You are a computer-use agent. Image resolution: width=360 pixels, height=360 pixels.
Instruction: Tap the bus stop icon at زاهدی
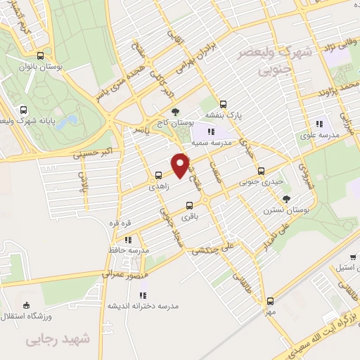[158, 176]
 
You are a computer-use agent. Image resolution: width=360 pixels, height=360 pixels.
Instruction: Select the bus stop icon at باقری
[188, 206]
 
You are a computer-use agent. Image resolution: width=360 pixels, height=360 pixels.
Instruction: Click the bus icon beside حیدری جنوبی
[262, 170]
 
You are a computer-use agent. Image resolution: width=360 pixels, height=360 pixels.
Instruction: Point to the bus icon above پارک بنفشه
[223, 103]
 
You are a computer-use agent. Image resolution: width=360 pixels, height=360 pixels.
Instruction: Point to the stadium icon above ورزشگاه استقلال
[27, 304]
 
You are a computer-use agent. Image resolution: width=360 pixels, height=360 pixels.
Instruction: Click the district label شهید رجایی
[59, 340]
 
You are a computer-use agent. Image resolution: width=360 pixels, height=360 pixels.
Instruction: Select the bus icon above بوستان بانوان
[40, 55]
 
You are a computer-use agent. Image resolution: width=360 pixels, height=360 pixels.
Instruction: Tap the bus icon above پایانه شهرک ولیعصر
[24, 110]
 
